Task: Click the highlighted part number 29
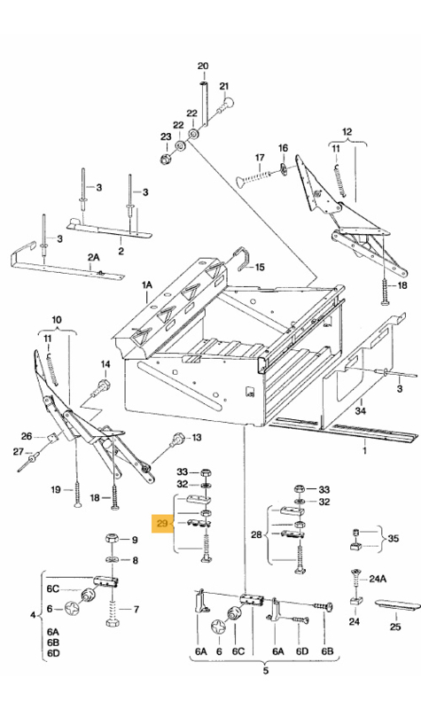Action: pos(162,524)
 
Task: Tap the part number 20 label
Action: pos(203,66)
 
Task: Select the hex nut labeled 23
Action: pos(165,159)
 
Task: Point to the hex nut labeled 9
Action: pos(112,539)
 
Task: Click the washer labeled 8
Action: pos(112,560)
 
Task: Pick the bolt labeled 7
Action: pos(113,612)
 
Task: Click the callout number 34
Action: pos(361,411)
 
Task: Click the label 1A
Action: pos(147,285)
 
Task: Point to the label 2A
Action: pos(93,257)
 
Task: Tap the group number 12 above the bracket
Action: pos(347,132)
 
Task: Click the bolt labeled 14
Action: pos(100,388)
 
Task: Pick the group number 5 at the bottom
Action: pos(265,670)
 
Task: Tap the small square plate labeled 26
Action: pos(52,438)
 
